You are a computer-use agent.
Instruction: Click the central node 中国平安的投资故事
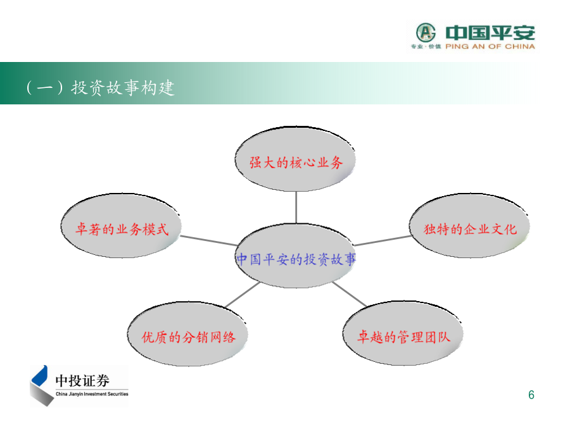(x=296, y=256)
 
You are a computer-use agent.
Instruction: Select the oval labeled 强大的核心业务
(x=294, y=159)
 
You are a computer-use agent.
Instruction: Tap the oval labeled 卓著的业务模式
(x=121, y=225)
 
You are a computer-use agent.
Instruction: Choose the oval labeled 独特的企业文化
(x=469, y=225)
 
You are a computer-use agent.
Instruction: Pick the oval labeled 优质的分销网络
(x=187, y=333)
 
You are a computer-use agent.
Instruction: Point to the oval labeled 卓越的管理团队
(x=403, y=333)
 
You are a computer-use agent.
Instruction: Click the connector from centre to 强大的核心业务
(x=296, y=207)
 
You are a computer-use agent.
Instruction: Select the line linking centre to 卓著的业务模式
(x=209, y=240)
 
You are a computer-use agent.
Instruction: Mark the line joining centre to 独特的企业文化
(x=383, y=240)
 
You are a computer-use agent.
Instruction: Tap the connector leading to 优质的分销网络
(x=243, y=294)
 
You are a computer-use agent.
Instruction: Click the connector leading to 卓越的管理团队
(x=350, y=294)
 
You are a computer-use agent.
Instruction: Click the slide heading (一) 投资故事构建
(x=100, y=87)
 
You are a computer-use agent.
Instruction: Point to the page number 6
(x=531, y=395)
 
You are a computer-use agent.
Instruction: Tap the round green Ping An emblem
(x=426, y=33)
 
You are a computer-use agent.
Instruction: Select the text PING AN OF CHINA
(x=490, y=46)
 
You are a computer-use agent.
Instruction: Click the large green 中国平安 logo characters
(x=490, y=33)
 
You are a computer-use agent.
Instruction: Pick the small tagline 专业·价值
(x=426, y=46)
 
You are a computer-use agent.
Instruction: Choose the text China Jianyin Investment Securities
(x=92, y=394)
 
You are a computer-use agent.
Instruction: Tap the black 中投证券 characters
(x=82, y=381)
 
